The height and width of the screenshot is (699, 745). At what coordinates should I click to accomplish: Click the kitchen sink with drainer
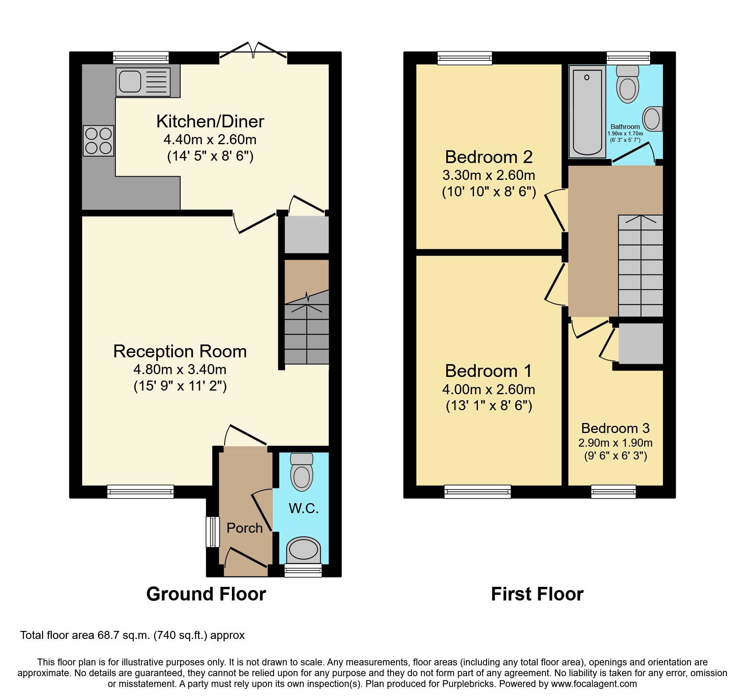[x=143, y=82]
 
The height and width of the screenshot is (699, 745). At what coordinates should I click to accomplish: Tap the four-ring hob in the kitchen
[x=99, y=141]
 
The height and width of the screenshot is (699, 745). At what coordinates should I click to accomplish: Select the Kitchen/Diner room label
[x=210, y=121]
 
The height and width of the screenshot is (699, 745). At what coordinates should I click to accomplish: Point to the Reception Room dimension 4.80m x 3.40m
[x=180, y=369]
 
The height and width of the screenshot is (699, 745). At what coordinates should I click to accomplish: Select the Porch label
[x=244, y=528]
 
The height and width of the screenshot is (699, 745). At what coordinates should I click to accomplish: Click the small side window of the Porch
[x=213, y=532]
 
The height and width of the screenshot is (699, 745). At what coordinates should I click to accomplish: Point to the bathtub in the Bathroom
[x=587, y=112]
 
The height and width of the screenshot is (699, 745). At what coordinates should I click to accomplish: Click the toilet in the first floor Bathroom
[x=628, y=84]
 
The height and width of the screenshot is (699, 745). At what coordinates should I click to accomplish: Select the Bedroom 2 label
[x=489, y=157]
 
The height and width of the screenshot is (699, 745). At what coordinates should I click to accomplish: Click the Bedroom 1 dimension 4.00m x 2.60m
[x=489, y=389]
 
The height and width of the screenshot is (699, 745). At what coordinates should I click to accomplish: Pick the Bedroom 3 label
[x=615, y=428]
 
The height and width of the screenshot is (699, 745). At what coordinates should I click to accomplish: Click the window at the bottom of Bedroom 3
[x=613, y=491]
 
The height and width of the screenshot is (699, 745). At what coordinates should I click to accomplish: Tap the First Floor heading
[x=537, y=594]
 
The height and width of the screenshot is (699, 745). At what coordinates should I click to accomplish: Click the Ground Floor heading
[x=206, y=594]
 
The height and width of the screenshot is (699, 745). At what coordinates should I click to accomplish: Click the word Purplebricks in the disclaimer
[x=468, y=684]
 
